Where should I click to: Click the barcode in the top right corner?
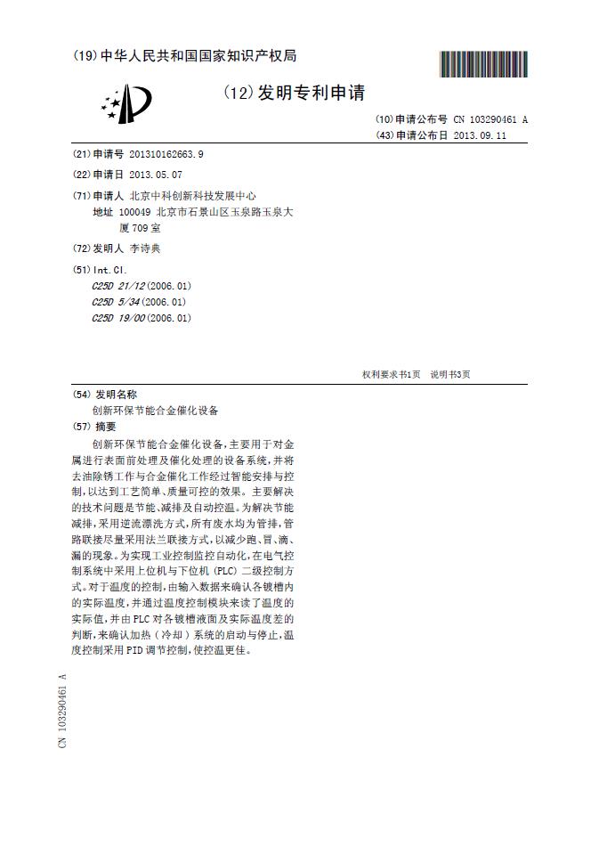click(x=483, y=64)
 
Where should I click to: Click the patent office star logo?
click(x=125, y=103)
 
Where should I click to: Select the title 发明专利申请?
click(x=311, y=93)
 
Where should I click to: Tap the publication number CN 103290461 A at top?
click(x=490, y=119)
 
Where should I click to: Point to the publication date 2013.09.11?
click(x=480, y=135)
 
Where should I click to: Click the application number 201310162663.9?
click(x=166, y=154)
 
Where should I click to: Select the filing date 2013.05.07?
click(x=155, y=175)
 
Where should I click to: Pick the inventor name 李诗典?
click(x=145, y=248)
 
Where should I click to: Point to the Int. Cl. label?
click(x=111, y=269)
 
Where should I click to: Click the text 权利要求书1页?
click(x=391, y=375)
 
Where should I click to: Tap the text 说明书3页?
click(x=450, y=375)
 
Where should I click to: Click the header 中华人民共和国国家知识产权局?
click(x=198, y=56)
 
